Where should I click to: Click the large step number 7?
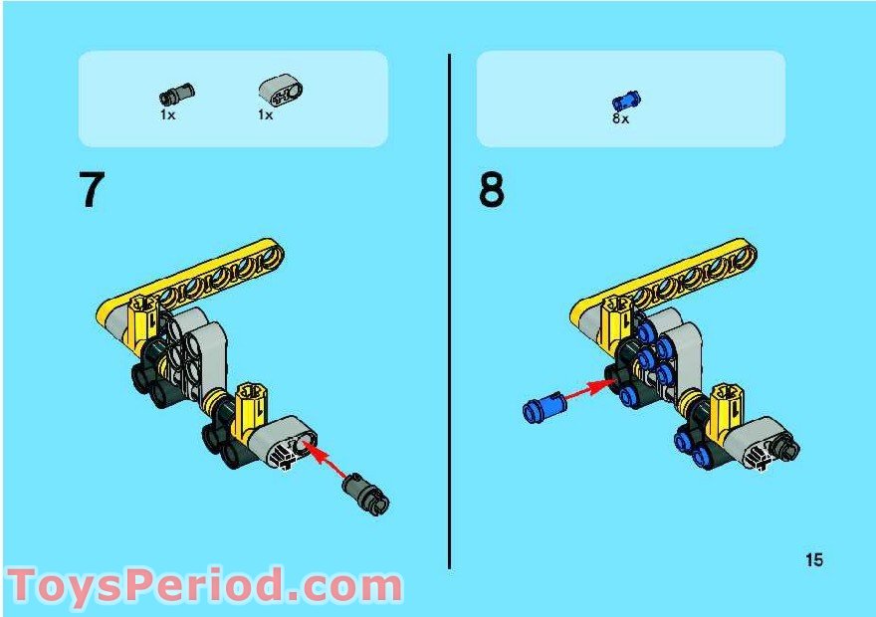[92, 190]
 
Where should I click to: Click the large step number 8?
[492, 190]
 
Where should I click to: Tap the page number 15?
[814, 560]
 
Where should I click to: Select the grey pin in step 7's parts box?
[176, 94]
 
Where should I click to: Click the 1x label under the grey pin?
[167, 115]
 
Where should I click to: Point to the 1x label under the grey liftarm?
[265, 115]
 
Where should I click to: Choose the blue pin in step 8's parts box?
[626, 99]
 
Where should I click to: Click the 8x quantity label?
[620, 118]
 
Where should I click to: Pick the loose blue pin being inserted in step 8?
[545, 406]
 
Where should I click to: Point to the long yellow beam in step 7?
[199, 284]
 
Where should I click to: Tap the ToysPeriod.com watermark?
[204, 586]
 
